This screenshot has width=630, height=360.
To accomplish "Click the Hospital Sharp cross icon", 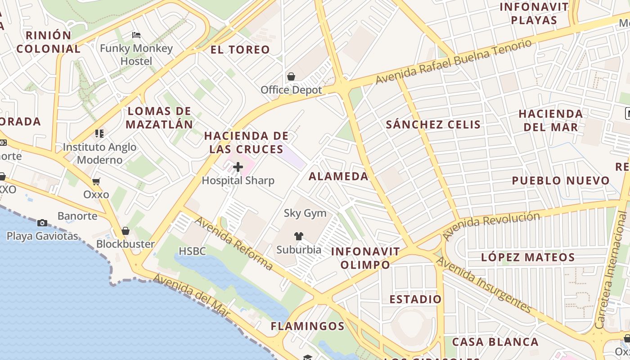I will tap(238, 167).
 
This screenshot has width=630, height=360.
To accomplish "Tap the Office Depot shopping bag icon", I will tap(291, 76).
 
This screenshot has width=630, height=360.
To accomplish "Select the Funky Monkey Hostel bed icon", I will tap(136, 35).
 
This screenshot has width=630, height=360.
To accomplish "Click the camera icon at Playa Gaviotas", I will tap(42, 223).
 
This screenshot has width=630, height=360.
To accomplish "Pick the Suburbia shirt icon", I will tap(298, 236).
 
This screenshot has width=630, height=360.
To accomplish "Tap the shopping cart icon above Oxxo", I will tap(96, 182).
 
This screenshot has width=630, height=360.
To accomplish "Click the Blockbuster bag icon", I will tap(126, 231).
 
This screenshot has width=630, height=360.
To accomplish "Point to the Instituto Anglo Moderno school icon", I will tap(99, 133).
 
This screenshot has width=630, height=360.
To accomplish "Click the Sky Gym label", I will tap(305, 213).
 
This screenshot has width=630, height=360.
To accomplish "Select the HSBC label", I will tap(192, 251).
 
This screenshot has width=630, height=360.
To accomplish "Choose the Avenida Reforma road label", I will tap(234, 243).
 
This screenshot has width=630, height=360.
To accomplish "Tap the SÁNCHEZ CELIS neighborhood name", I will tap(433, 125).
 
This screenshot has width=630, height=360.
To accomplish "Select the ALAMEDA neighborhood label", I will tap(338, 176).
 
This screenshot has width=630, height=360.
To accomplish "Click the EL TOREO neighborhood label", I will tap(240, 49).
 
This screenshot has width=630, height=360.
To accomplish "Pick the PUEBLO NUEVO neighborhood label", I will tap(561, 181).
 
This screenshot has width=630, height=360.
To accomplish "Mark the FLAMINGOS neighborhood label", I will tap(307, 326).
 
